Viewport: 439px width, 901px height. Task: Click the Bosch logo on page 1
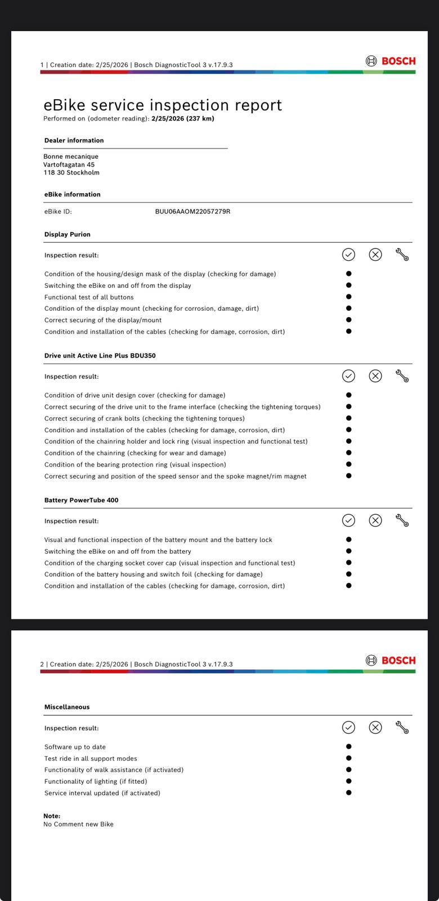[x=391, y=61]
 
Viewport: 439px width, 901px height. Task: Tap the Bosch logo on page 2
[x=391, y=660]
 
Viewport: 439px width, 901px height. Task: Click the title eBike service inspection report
[x=163, y=105]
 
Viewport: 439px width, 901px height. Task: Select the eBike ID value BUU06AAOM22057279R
[x=192, y=212]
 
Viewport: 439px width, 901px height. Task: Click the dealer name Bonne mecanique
[x=71, y=157]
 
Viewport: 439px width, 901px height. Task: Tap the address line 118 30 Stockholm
[x=71, y=173]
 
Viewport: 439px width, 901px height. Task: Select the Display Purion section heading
[x=68, y=234]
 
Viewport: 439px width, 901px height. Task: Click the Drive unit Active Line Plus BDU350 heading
[x=100, y=356]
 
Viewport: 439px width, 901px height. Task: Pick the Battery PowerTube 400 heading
[x=82, y=500]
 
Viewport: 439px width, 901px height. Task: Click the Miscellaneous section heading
[x=67, y=707]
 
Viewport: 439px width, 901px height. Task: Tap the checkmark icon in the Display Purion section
[x=348, y=255]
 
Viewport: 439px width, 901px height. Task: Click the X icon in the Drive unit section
[x=375, y=376]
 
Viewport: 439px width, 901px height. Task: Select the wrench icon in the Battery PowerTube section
[x=402, y=520]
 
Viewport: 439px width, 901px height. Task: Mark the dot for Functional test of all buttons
[x=349, y=297]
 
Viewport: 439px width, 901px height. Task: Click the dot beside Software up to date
[x=349, y=747]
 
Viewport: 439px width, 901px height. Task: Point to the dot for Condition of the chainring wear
[x=349, y=453]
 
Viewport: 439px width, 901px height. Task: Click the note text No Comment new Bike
[x=79, y=824]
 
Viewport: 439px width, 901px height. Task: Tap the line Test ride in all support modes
[x=91, y=759]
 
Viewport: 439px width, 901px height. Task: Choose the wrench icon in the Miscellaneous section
[x=402, y=728]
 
